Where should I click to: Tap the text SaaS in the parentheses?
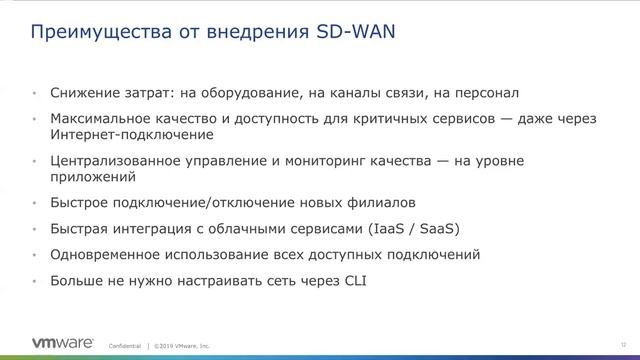[446, 227]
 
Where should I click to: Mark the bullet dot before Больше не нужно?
[37, 281]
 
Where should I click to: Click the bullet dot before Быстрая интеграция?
[37, 227]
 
